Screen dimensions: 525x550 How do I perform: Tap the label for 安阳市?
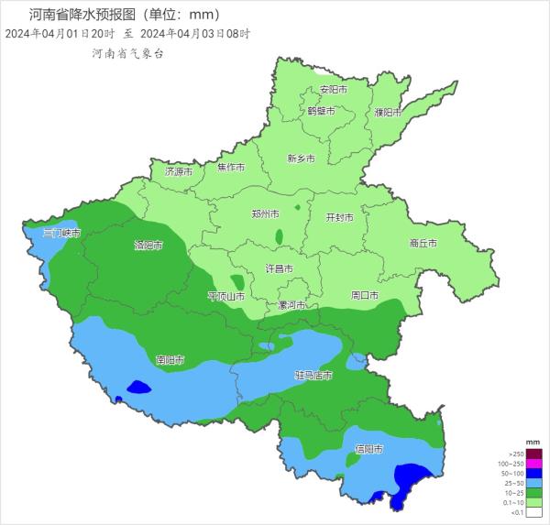tap(333, 90)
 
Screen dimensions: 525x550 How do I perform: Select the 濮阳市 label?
tap(388, 112)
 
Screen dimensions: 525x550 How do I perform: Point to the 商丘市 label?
tap(423, 244)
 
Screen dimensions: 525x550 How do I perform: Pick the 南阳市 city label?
tap(170, 360)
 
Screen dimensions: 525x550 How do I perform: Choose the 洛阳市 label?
tap(148, 246)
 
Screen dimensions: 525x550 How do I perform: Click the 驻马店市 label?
tap(313, 376)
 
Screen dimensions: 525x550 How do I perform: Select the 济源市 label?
tap(179, 171)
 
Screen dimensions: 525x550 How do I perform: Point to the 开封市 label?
tap(340, 218)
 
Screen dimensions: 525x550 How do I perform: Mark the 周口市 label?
tap(365, 295)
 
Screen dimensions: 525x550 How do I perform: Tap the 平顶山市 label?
tap(225, 296)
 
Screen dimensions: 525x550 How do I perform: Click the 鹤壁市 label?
tap(320, 111)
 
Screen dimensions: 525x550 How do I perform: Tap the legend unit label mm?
tap(533, 443)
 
